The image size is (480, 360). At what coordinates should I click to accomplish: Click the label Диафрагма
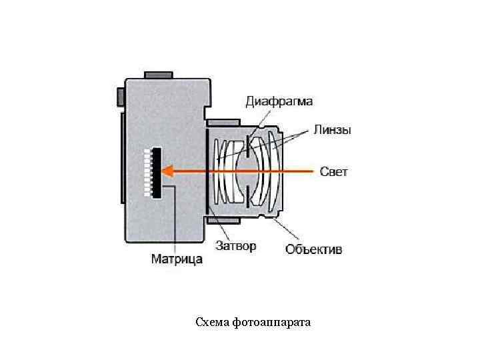coord(279,102)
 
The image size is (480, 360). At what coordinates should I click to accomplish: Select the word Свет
coord(334,171)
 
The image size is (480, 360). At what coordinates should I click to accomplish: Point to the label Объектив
coord(314,249)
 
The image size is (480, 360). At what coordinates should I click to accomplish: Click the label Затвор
coord(235,246)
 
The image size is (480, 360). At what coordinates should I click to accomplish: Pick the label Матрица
coord(177,259)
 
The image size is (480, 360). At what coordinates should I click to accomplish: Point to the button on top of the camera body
coord(158,74)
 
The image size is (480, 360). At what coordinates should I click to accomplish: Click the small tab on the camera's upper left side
coord(120,96)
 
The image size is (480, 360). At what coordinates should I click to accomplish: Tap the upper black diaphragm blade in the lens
coord(247,147)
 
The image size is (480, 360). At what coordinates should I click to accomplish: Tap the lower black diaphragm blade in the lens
coord(247,195)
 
